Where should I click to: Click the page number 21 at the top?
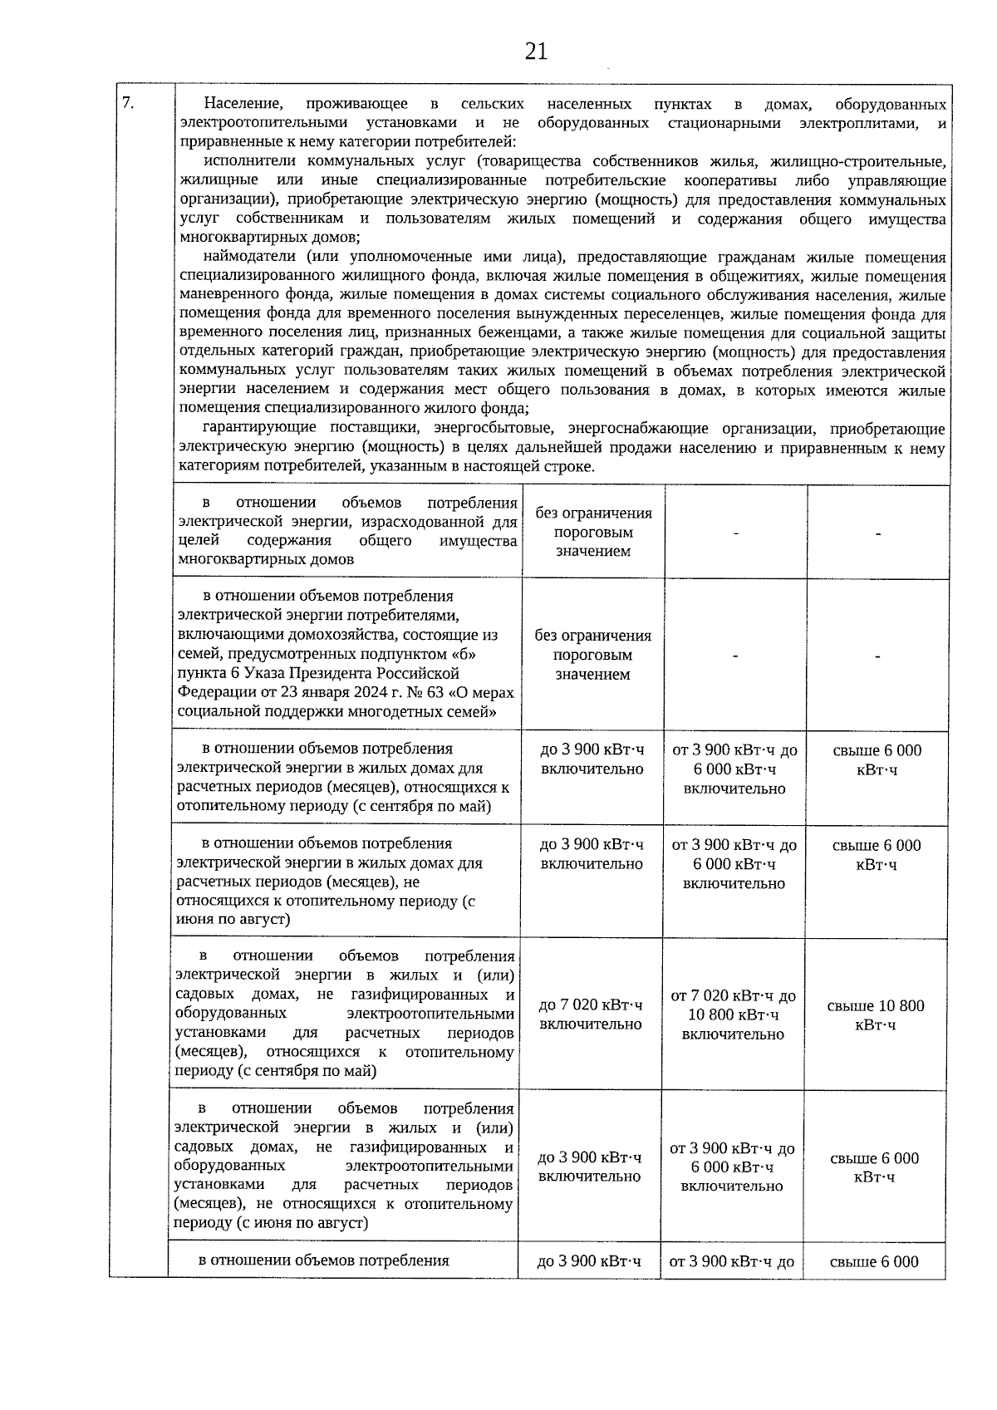[x=537, y=52]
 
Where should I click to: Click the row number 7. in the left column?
[x=128, y=103]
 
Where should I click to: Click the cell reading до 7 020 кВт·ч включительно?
[x=591, y=1015]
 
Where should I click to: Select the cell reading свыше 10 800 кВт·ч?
[x=875, y=1015]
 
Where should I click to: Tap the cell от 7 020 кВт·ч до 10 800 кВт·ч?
[x=733, y=1015]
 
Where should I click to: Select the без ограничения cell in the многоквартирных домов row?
[x=593, y=532]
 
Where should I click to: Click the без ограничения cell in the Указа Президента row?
[x=593, y=655]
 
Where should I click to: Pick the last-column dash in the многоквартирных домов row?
[x=877, y=533]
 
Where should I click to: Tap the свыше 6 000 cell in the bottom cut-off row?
[x=874, y=1261]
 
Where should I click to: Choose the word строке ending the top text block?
[x=572, y=467]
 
